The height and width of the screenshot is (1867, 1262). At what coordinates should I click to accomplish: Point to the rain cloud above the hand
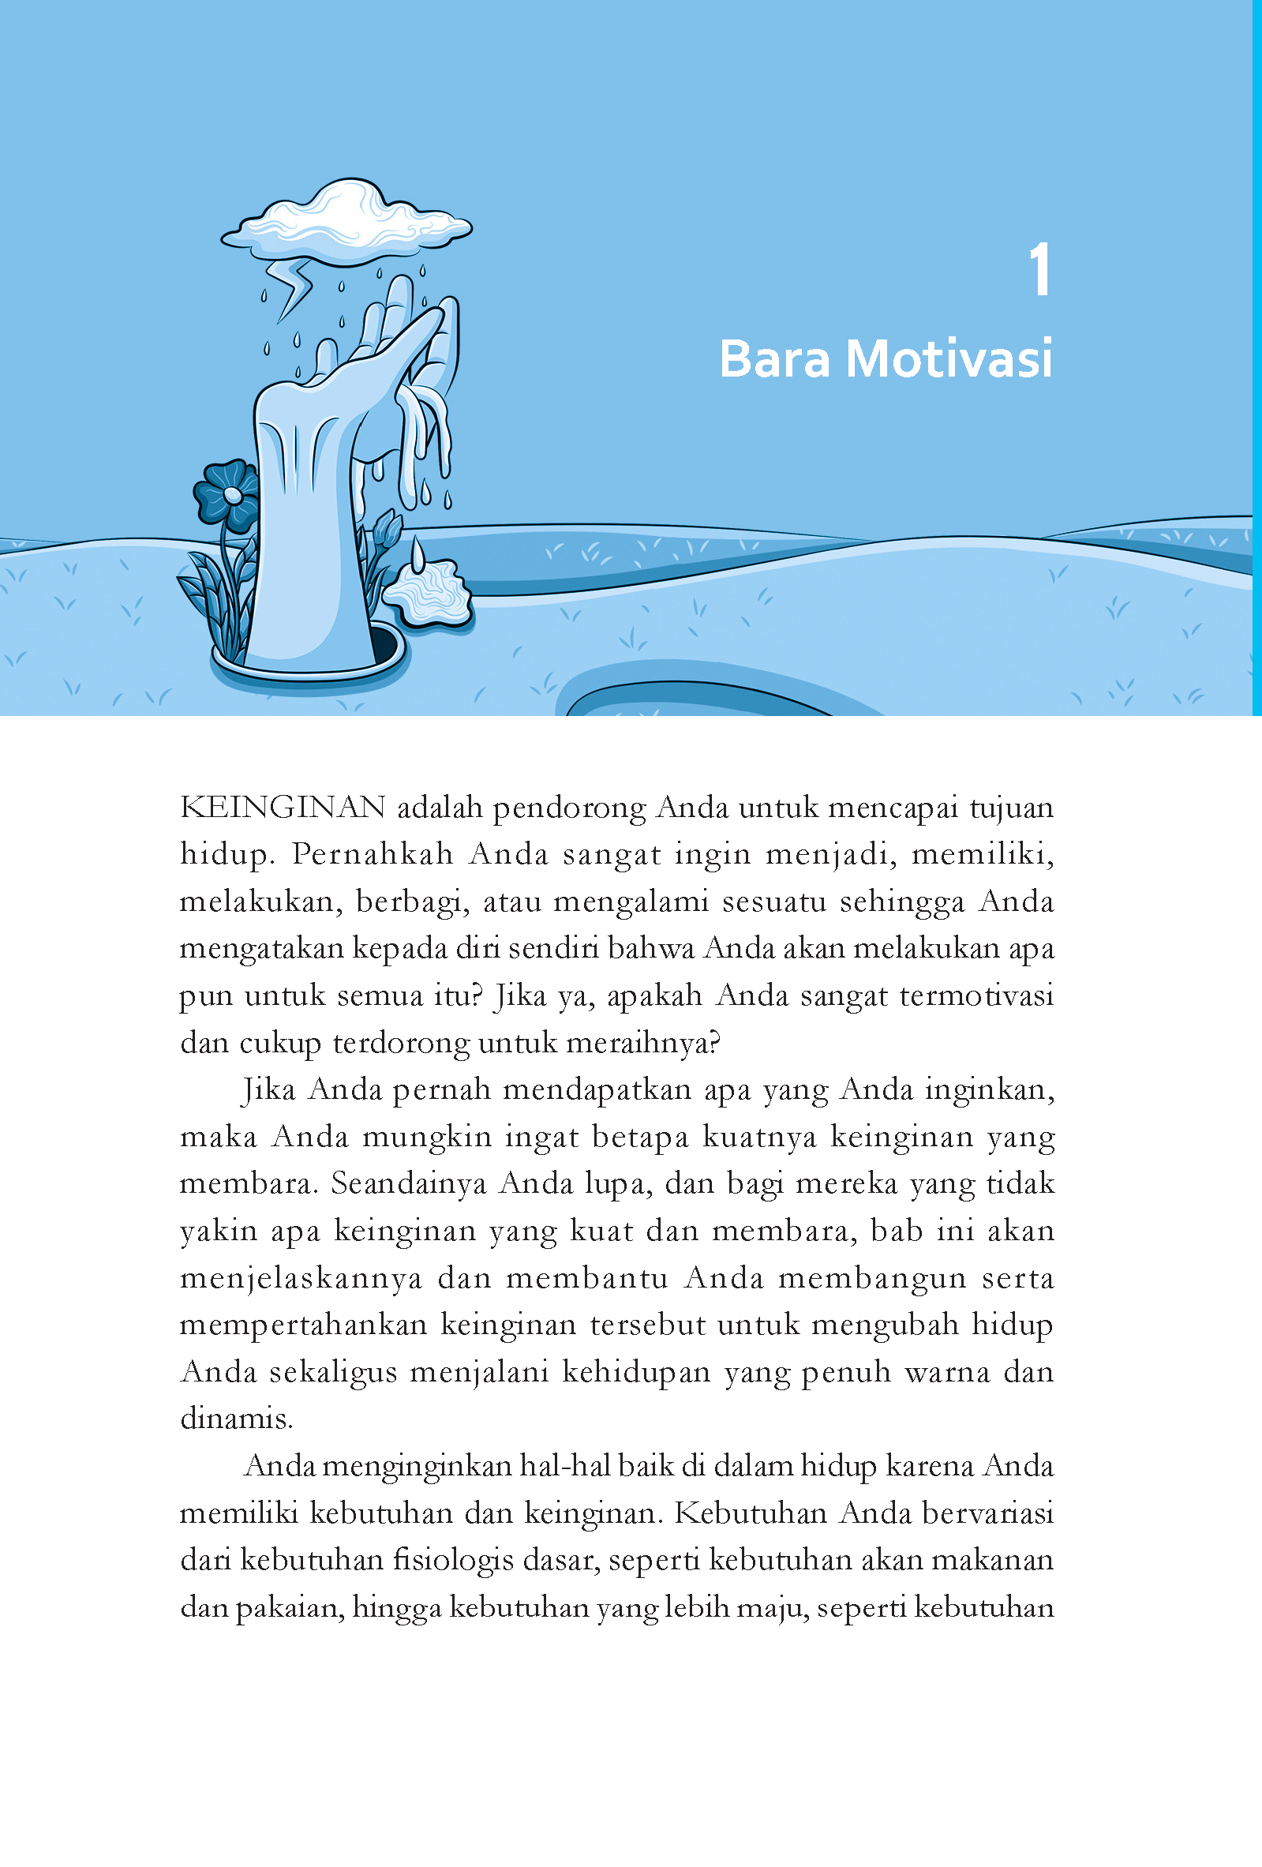347,221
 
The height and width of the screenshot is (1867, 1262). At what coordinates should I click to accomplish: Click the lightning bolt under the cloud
290,288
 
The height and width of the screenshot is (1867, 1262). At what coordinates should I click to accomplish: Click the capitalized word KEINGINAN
283,808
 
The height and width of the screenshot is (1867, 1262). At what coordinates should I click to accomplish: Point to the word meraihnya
642,1043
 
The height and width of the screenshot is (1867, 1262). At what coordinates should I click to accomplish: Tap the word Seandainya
408,1183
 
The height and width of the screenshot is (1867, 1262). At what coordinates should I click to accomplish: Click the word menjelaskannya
301,1278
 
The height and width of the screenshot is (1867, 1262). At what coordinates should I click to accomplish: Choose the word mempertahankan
304,1325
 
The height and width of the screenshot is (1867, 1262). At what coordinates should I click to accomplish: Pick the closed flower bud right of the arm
388,530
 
